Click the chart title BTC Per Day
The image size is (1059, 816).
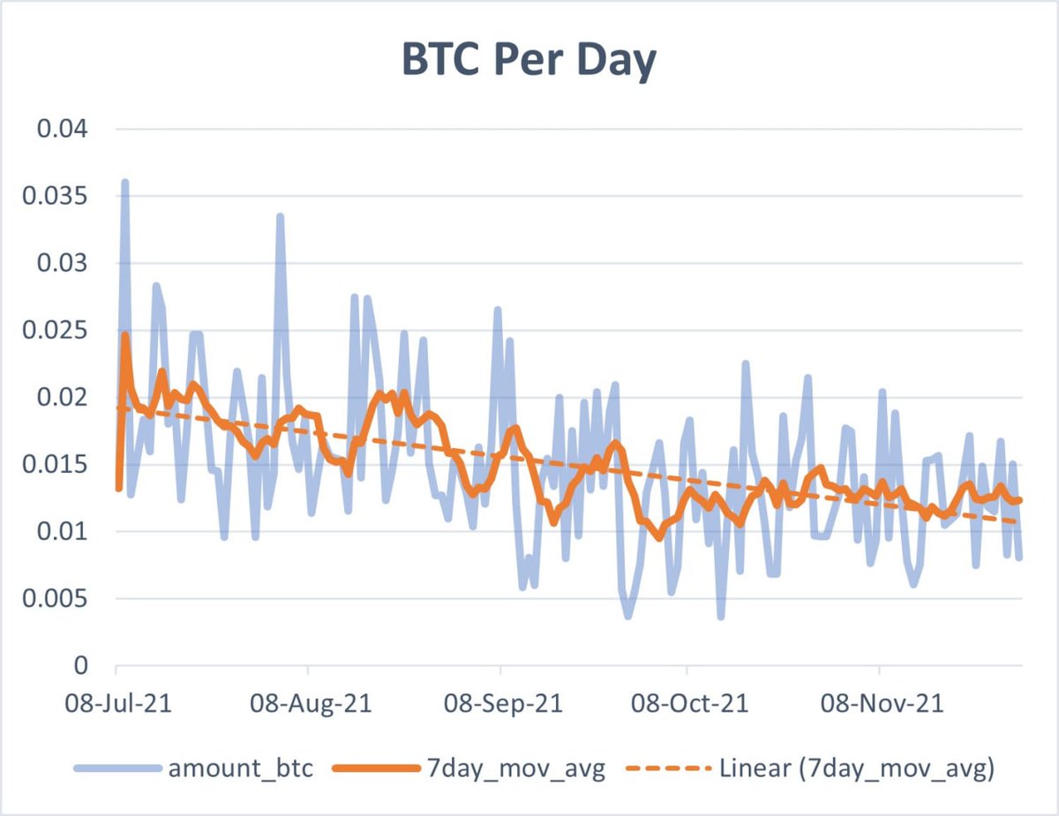(529, 62)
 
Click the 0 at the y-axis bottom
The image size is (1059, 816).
(81, 666)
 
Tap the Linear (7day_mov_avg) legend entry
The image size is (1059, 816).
(856, 769)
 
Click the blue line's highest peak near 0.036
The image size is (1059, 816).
(124, 183)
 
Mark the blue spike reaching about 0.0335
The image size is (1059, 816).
(280, 216)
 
